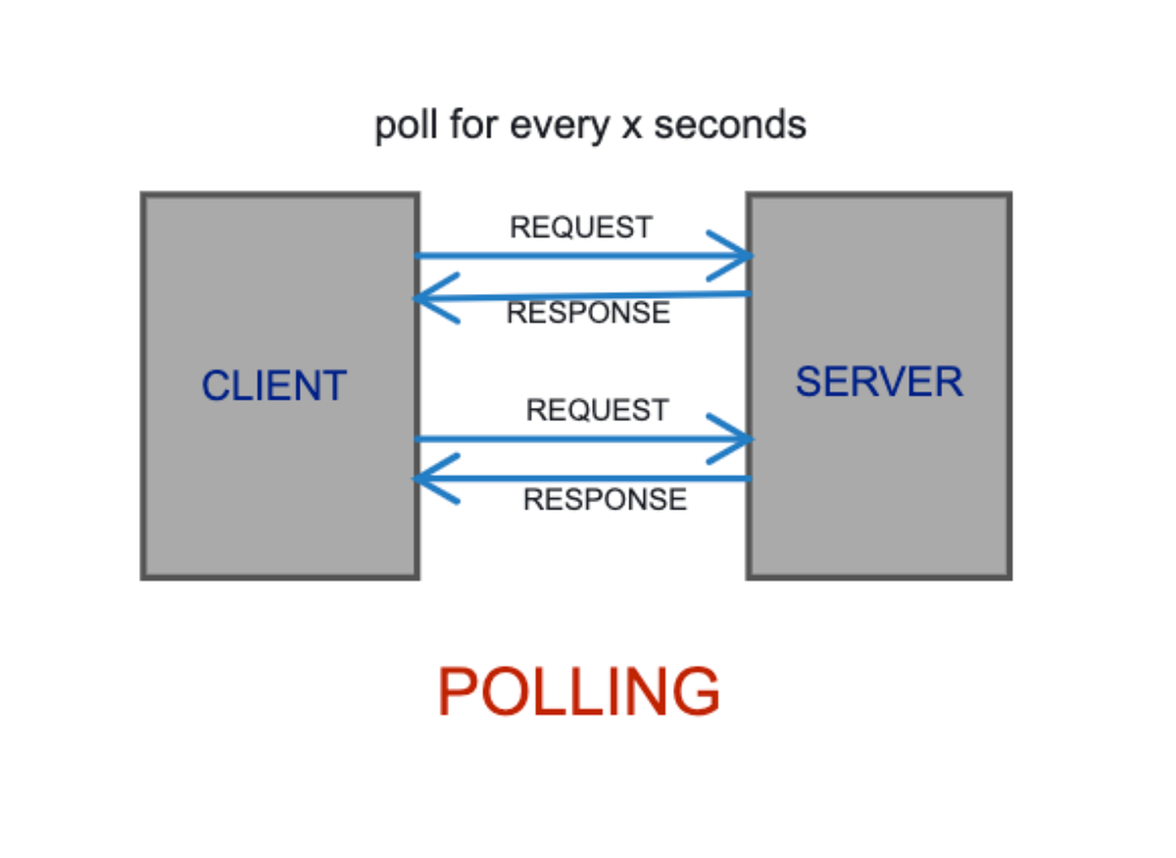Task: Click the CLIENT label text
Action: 273,385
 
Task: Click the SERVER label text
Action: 879,381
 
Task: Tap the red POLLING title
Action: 578,692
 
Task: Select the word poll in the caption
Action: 406,126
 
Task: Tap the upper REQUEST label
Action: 580,227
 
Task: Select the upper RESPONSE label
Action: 588,313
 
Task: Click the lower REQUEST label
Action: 597,410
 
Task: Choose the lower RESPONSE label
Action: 605,499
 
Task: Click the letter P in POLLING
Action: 458,692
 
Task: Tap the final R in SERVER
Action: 948,381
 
